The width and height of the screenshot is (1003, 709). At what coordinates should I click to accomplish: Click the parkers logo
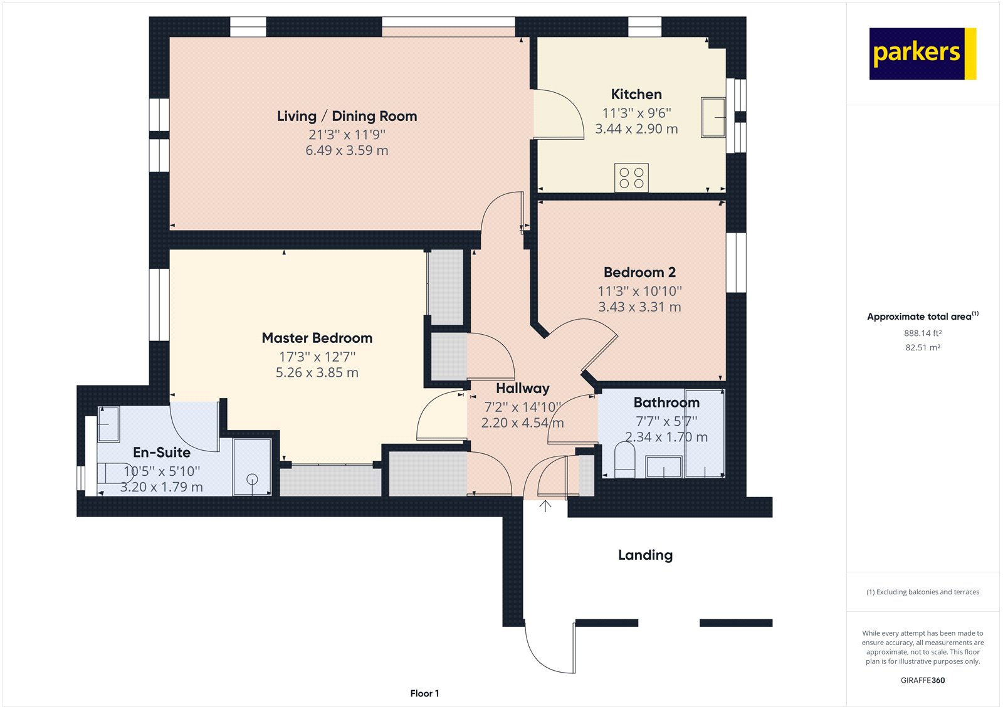(x=922, y=54)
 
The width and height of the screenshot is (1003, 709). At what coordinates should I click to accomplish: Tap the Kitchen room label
(x=636, y=94)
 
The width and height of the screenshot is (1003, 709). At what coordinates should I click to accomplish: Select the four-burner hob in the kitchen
(x=631, y=177)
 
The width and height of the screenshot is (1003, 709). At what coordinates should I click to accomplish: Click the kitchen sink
(x=713, y=117)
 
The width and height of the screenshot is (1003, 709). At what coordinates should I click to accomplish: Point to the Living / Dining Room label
(x=347, y=116)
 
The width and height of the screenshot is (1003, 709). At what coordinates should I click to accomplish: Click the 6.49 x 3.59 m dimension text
(x=347, y=150)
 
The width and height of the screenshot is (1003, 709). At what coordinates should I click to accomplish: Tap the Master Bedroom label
(x=317, y=338)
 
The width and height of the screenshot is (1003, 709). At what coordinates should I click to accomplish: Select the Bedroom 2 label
(x=639, y=272)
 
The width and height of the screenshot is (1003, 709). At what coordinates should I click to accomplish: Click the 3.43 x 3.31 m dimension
(x=639, y=307)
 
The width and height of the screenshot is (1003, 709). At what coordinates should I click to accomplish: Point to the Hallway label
(x=522, y=388)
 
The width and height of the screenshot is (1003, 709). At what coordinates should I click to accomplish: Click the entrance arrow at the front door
(x=545, y=506)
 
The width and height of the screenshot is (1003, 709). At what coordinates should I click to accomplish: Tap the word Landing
(x=645, y=555)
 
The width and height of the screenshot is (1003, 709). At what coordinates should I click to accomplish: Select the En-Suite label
(x=161, y=452)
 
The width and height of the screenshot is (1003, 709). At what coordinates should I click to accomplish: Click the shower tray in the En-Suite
(x=252, y=467)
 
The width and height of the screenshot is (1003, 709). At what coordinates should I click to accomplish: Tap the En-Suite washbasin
(x=108, y=424)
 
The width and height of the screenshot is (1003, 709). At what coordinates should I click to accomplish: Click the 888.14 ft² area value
(x=922, y=333)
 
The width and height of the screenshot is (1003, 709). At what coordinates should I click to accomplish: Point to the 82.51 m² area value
(x=922, y=347)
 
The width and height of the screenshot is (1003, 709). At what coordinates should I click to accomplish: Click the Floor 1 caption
(x=424, y=693)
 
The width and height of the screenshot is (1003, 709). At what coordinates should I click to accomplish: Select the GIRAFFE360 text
(x=922, y=680)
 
